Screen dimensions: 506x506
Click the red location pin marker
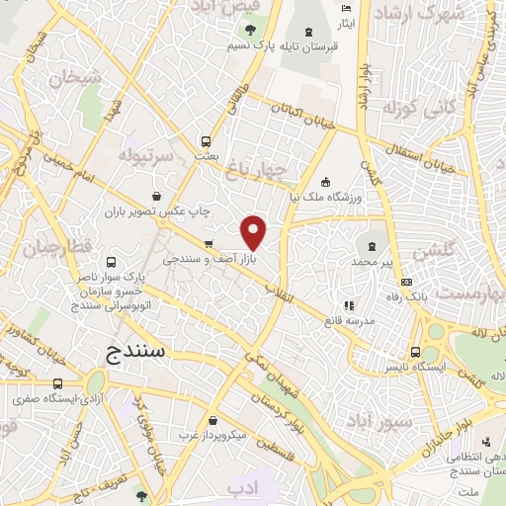click(255, 232)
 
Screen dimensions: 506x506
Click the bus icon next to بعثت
click(206, 140)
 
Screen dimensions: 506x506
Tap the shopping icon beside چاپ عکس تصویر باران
click(158, 196)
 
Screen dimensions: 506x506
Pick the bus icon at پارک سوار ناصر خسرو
click(110, 263)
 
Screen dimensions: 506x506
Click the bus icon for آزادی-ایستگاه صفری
click(57, 384)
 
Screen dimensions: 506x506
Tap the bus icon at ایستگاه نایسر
click(415, 352)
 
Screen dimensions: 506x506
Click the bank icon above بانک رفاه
click(406, 283)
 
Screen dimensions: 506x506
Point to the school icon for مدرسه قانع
click(347, 305)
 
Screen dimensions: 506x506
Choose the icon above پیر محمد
click(372, 246)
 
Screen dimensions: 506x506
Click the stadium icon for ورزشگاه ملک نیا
click(325, 182)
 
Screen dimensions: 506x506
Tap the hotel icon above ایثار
click(345, 9)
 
